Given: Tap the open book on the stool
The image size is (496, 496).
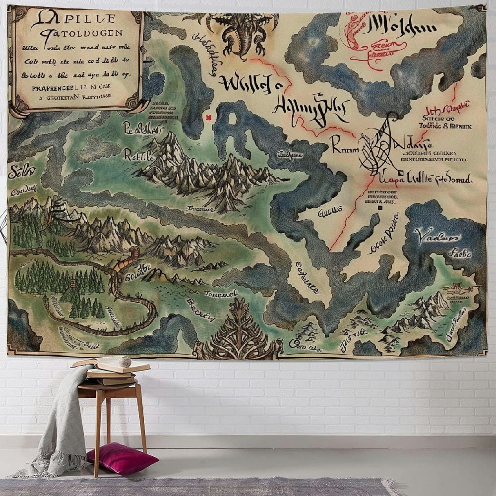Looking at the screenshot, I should pyautogui.click(x=112, y=366).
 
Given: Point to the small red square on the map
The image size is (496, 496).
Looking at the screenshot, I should pyautogui.click(x=208, y=117).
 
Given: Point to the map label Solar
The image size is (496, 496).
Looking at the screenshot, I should pyautogui.click(x=21, y=172).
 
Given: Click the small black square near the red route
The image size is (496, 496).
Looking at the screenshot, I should pyautogui.click(x=380, y=208).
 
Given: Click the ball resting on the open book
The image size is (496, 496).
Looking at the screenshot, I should pyautogui.click(x=124, y=361).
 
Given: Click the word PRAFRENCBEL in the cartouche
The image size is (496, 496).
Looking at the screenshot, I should pyautogui.click(x=47, y=87).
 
